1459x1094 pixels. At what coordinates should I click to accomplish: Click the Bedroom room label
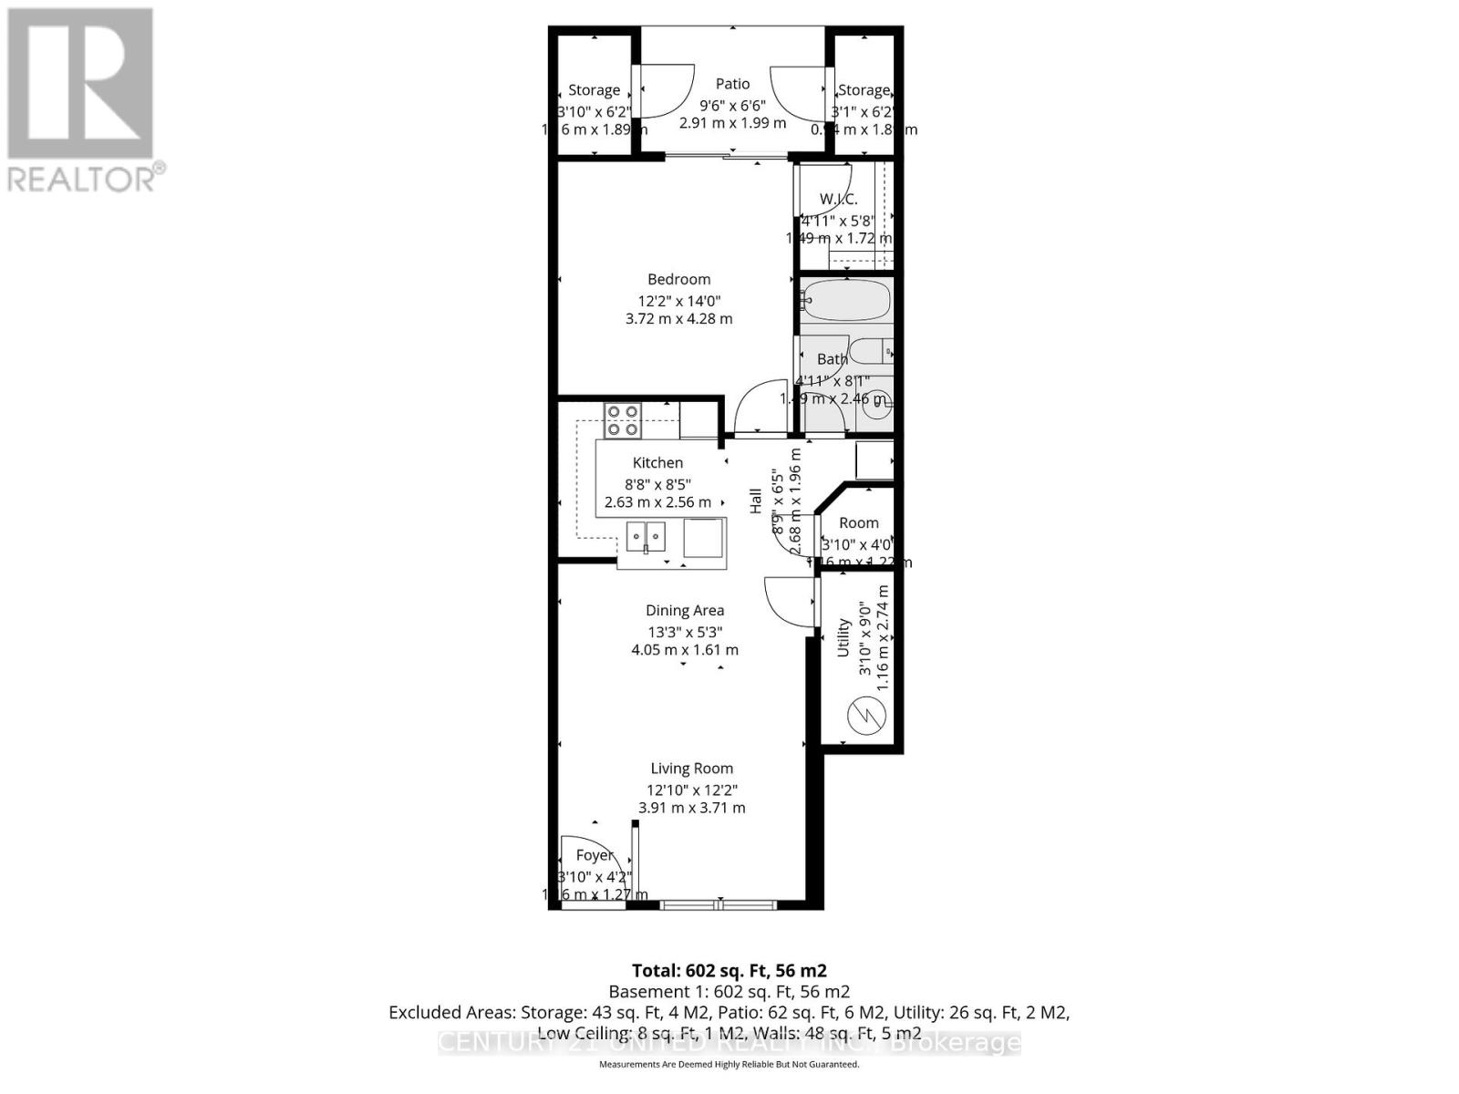click(678, 280)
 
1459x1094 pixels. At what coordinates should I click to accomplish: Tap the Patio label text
click(732, 84)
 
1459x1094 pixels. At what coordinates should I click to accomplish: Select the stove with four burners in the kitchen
click(623, 420)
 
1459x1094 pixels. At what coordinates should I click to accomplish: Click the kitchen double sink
click(646, 537)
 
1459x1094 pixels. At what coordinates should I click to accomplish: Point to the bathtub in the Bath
click(844, 300)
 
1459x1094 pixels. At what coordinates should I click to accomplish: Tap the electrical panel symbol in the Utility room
click(866, 716)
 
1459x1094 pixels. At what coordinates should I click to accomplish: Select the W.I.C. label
click(838, 199)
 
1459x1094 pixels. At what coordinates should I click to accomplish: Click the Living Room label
click(691, 769)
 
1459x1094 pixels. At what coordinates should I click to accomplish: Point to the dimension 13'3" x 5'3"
click(684, 632)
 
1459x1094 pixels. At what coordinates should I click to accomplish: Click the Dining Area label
click(685, 611)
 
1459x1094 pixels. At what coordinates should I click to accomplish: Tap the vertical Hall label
click(756, 501)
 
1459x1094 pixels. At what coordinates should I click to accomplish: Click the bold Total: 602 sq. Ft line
click(729, 971)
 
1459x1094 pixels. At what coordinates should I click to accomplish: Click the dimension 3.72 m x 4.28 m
click(678, 319)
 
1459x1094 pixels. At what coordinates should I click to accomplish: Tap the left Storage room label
click(594, 90)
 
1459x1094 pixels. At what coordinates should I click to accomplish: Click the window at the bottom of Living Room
click(719, 904)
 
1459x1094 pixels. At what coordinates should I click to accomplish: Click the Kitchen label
click(657, 463)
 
